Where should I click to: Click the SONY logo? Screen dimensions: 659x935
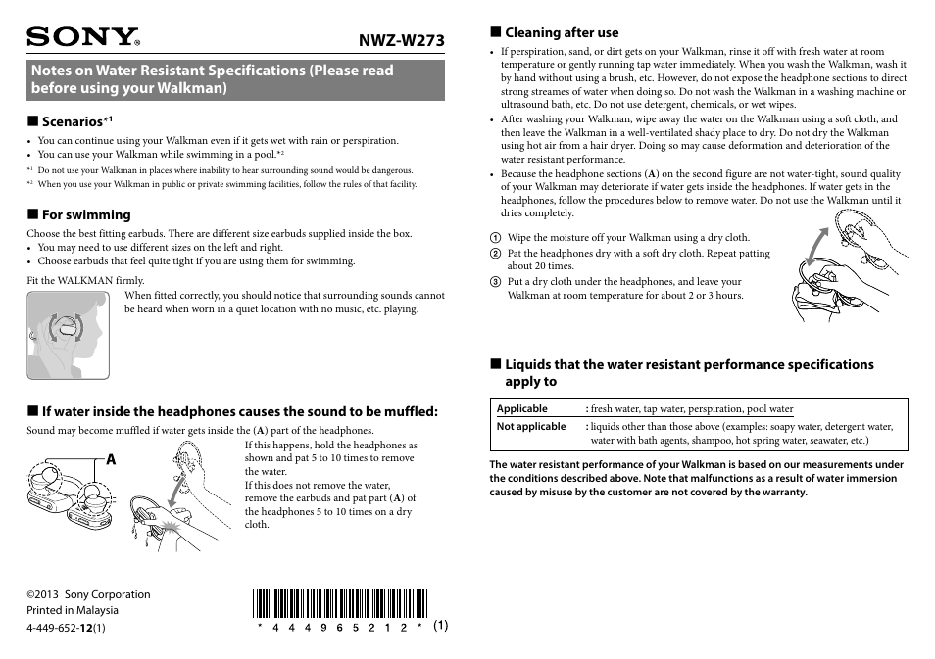coord(83,38)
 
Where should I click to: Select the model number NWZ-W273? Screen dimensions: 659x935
coord(401,40)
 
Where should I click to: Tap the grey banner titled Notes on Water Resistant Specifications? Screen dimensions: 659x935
coord(235,79)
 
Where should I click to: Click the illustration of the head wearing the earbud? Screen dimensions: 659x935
coord(68,335)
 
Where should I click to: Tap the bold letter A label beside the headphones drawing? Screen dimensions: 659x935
coord(110,459)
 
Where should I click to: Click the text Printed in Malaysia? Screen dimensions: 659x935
coord(72,611)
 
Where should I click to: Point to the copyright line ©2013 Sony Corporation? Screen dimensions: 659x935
coord(88,594)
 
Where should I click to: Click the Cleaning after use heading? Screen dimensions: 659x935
coord(562,32)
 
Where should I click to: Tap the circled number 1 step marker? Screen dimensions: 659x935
coord(496,238)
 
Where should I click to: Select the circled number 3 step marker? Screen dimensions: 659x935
coord(496,282)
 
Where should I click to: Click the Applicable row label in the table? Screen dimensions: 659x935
coord(522,409)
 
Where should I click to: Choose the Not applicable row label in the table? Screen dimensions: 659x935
coord(531,427)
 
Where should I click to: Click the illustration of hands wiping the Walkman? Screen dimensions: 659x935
coord(843,264)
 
